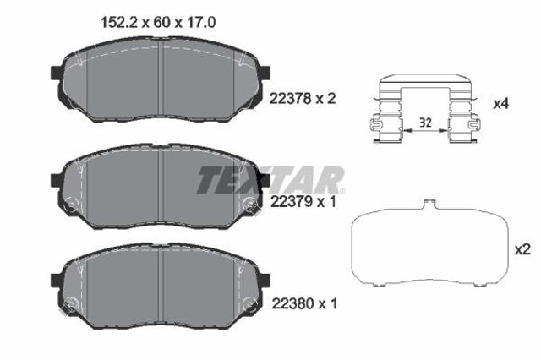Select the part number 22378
[x=287, y=99]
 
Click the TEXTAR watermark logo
[x=270, y=178]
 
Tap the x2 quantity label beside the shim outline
[x=521, y=248]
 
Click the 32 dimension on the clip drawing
[x=426, y=123]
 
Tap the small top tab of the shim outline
[x=429, y=203]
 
